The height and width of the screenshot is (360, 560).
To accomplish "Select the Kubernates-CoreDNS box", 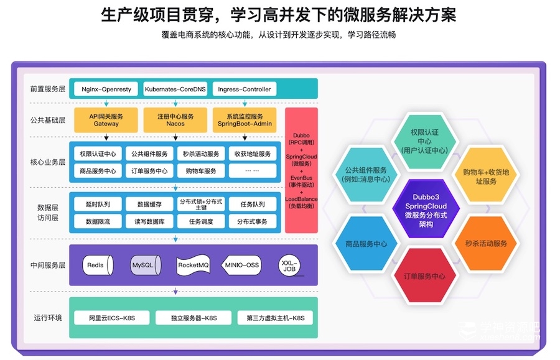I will (x=175, y=89).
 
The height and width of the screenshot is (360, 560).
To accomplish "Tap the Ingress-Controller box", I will (x=245, y=89).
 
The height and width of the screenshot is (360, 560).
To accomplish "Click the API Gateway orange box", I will (x=106, y=120).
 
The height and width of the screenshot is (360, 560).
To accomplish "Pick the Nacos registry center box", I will (x=175, y=120).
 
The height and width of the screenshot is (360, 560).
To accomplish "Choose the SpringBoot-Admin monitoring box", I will (x=245, y=120).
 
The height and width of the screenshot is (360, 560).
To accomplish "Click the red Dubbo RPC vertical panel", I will (x=301, y=170).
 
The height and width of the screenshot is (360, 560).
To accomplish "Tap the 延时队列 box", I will (x=98, y=204).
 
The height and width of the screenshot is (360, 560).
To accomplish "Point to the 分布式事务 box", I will (x=252, y=221).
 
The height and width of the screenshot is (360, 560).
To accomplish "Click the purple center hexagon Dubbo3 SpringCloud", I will (x=426, y=206).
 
